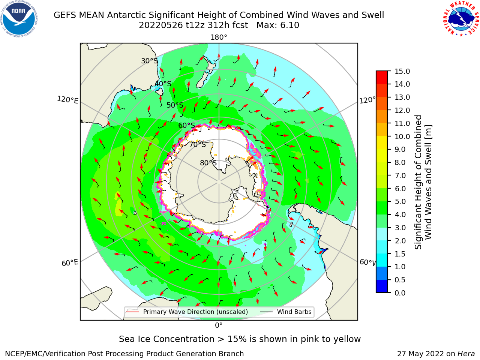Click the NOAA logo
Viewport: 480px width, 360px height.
click(19, 19)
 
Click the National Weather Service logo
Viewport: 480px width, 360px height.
click(461, 19)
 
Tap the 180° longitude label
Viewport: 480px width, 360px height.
click(219, 37)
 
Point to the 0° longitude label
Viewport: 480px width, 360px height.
click(219, 325)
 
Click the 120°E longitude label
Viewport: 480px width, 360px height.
click(67, 100)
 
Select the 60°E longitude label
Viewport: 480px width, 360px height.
click(70, 263)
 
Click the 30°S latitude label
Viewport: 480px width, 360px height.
click(149, 61)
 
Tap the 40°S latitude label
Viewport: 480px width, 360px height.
click(163, 84)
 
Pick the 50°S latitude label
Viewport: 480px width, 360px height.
click(175, 105)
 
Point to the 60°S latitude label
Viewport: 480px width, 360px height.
click(186, 126)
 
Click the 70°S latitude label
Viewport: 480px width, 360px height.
click(198, 144)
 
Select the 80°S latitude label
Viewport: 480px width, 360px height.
click(208, 163)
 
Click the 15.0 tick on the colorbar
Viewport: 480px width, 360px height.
click(402, 71)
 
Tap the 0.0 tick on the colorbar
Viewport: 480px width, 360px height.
click(400, 293)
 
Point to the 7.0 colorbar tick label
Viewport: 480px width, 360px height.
click(400, 175)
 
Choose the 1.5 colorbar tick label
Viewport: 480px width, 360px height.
click(400, 254)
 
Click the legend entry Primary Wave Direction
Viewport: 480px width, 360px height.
click(187, 312)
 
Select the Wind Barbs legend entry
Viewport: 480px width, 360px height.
click(286, 312)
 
